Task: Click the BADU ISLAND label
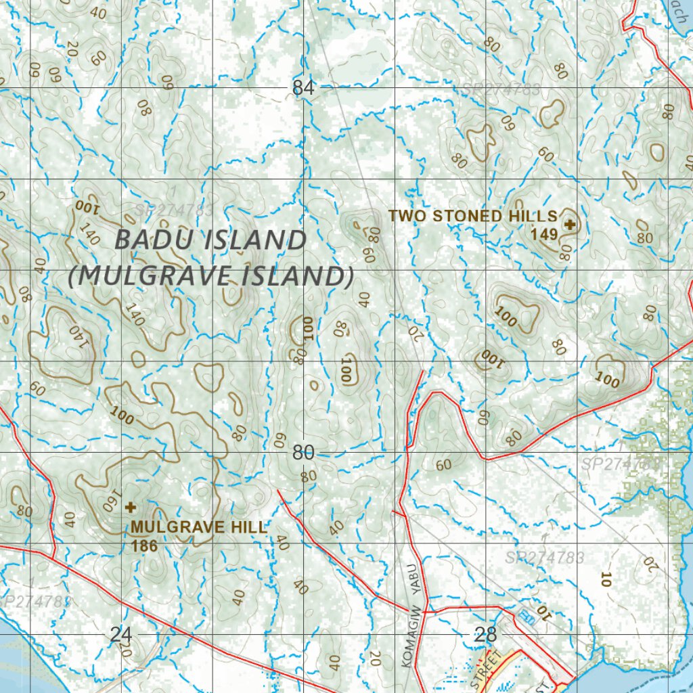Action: click(210, 240)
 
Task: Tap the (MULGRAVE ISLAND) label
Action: click(210, 276)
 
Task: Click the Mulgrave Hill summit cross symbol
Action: click(131, 506)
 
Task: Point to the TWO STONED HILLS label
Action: click(472, 217)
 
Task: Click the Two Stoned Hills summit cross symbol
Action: click(570, 224)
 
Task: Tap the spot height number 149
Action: click(545, 235)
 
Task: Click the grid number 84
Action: click(304, 88)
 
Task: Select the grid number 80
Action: click(303, 453)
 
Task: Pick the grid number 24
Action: click(120, 635)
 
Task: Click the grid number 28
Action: click(486, 635)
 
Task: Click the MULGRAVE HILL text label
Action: click(200, 527)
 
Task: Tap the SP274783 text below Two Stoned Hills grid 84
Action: click(501, 89)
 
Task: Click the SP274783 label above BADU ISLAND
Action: click(174, 210)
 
